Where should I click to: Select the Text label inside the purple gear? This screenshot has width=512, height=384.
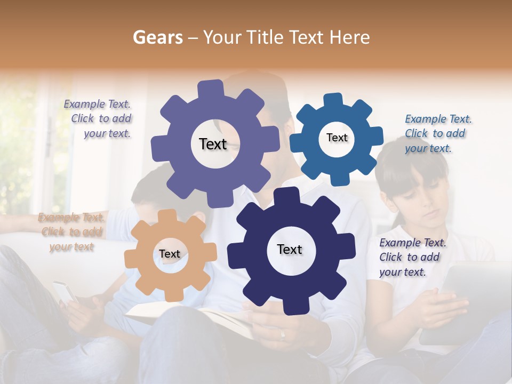click(x=213, y=144)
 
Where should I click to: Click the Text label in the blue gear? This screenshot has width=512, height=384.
click(x=337, y=138)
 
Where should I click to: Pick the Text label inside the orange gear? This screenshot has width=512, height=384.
click(x=170, y=254)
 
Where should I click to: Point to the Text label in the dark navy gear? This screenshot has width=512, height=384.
click(x=290, y=249)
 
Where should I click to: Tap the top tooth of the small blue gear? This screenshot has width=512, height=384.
click(x=333, y=100)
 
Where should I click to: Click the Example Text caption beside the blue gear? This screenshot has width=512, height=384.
click(x=438, y=133)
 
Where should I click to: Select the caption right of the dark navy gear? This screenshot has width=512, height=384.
click(x=412, y=257)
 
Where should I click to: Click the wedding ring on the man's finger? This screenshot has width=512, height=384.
click(x=283, y=334)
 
